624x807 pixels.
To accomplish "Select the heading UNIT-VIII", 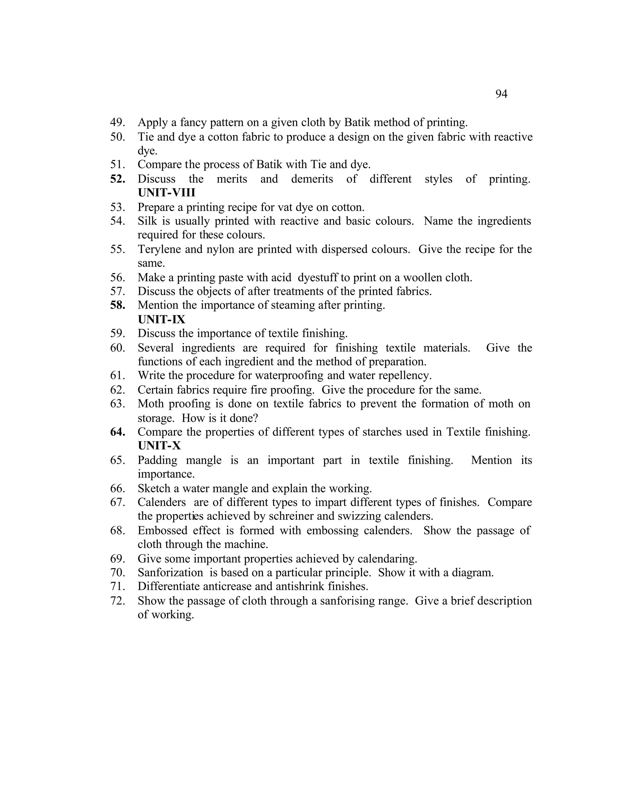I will tap(166, 193).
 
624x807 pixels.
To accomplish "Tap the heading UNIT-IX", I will tap(161, 319).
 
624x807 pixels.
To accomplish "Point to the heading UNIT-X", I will tap(159, 446).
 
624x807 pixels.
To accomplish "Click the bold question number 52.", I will tap(118, 179).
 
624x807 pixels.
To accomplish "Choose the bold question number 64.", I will tap(118, 432).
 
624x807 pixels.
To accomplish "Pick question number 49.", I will tap(118, 122).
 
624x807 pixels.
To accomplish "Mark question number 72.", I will tap(118, 601).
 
